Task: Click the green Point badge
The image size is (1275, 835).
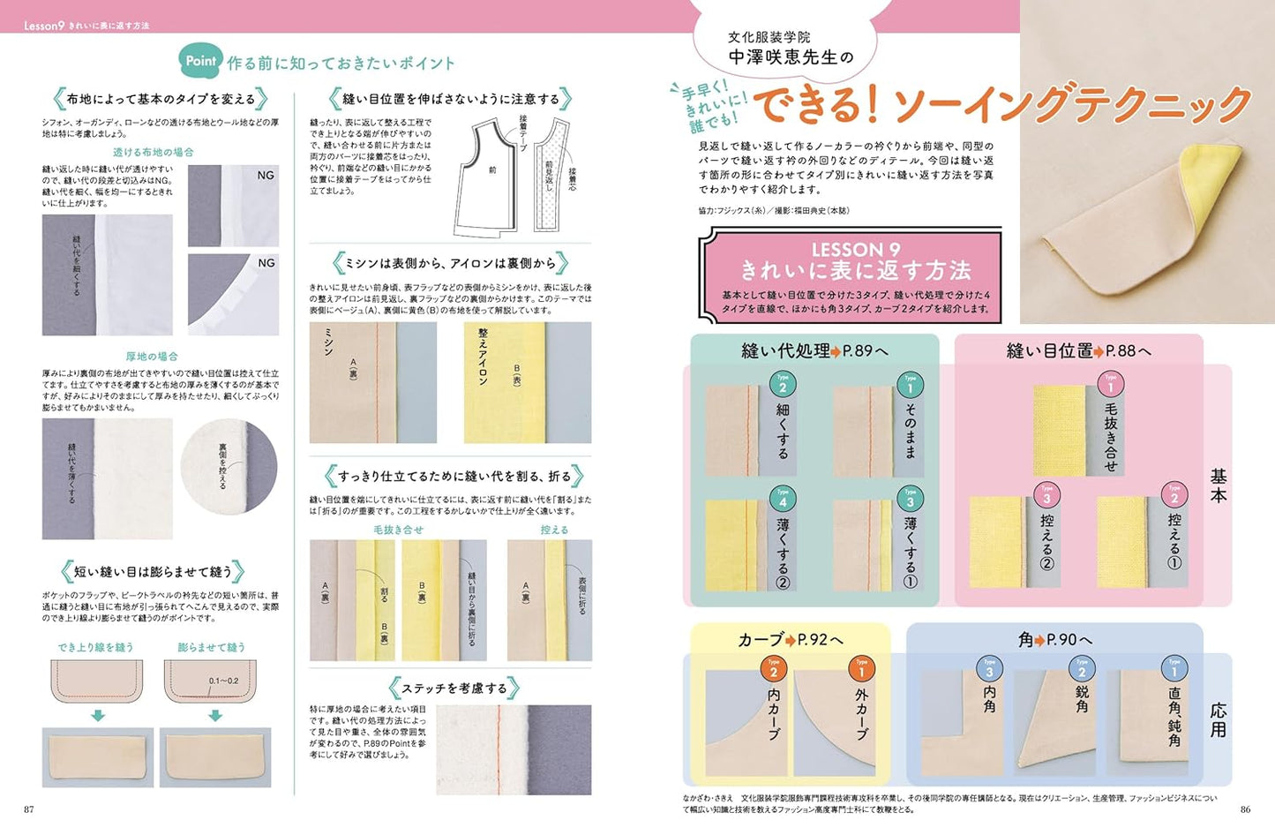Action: coord(200,61)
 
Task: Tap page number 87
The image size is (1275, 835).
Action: coord(29,809)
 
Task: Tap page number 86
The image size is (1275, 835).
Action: coord(1245,809)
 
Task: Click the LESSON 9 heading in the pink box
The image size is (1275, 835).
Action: coord(855,250)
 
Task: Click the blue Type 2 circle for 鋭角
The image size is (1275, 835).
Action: coord(1082,669)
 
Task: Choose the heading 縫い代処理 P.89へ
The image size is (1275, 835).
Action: coord(814,350)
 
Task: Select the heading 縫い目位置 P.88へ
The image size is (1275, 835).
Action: coord(1078,350)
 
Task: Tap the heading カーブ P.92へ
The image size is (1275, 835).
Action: coord(790,639)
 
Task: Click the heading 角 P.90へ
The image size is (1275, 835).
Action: coord(1054,639)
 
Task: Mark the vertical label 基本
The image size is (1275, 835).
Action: coord(1219,485)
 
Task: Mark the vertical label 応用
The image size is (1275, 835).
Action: coord(1219,719)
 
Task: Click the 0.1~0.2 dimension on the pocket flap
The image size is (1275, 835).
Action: coord(223,681)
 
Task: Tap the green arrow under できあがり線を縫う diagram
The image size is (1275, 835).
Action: coord(97,716)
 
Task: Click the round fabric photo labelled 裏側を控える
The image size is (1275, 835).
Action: coord(229,466)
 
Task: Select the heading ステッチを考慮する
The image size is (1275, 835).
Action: coord(454,688)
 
